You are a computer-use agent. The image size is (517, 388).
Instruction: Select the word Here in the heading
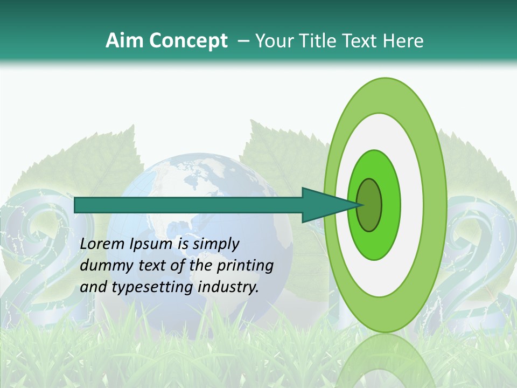403,41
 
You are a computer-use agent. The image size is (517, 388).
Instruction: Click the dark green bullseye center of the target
369,205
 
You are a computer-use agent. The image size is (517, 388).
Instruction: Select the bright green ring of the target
390,205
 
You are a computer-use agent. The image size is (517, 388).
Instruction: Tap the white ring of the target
411,205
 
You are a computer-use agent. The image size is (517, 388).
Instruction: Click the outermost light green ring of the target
434,205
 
